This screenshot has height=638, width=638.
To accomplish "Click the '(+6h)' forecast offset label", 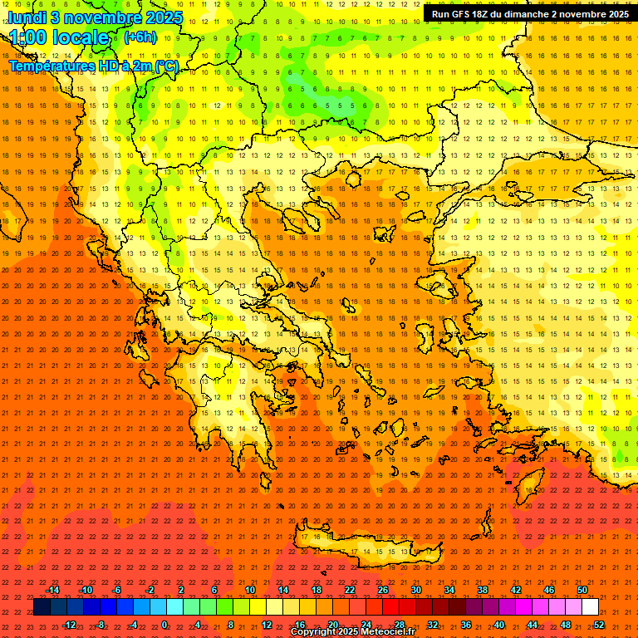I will (x=139, y=37).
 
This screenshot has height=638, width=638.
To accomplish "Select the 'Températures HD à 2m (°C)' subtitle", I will (x=93, y=66).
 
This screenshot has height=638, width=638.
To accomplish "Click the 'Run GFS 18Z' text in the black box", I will (x=463, y=14).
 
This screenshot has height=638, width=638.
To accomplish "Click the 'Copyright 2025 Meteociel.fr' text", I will (x=352, y=632).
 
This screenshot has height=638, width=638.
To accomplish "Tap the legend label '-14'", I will (x=52, y=590).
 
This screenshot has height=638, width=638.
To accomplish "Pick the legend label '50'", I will (x=582, y=590).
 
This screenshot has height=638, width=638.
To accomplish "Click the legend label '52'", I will (x=598, y=624).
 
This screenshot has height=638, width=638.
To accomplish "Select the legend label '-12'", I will (x=69, y=624).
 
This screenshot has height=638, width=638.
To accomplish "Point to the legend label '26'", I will (x=382, y=590).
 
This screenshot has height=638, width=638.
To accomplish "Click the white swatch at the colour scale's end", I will (x=590, y=607).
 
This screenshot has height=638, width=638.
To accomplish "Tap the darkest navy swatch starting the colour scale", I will (x=42, y=607).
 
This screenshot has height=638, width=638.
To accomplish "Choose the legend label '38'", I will (x=482, y=590).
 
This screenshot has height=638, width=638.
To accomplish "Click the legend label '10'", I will (x=249, y=590).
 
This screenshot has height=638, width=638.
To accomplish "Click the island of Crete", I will (x=366, y=544).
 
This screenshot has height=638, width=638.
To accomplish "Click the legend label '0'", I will (x=164, y=624).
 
